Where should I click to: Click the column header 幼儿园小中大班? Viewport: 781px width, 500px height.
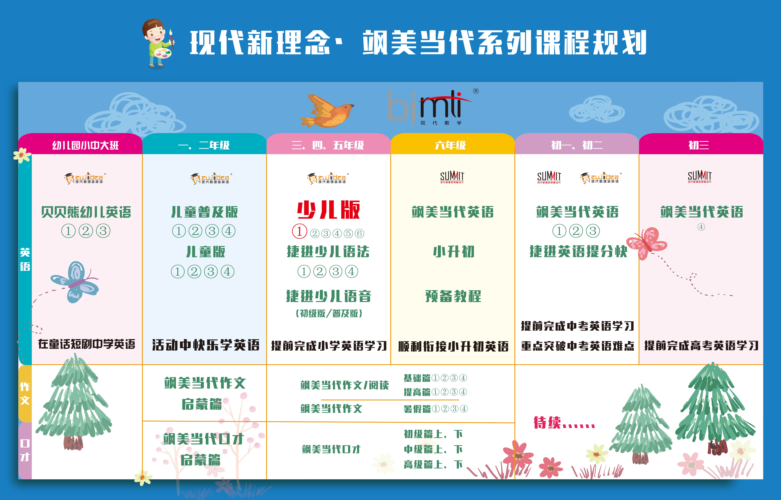(x=86, y=145)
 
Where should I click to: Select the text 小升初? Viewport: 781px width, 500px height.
(x=454, y=252)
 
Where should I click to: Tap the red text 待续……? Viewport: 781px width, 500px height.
(x=564, y=423)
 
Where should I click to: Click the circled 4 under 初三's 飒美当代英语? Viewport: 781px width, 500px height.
(x=701, y=227)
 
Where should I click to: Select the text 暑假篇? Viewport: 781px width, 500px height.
(x=417, y=409)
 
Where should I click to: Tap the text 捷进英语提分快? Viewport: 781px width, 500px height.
(x=578, y=252)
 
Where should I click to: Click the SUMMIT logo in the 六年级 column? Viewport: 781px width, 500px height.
(x=452, y=177)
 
